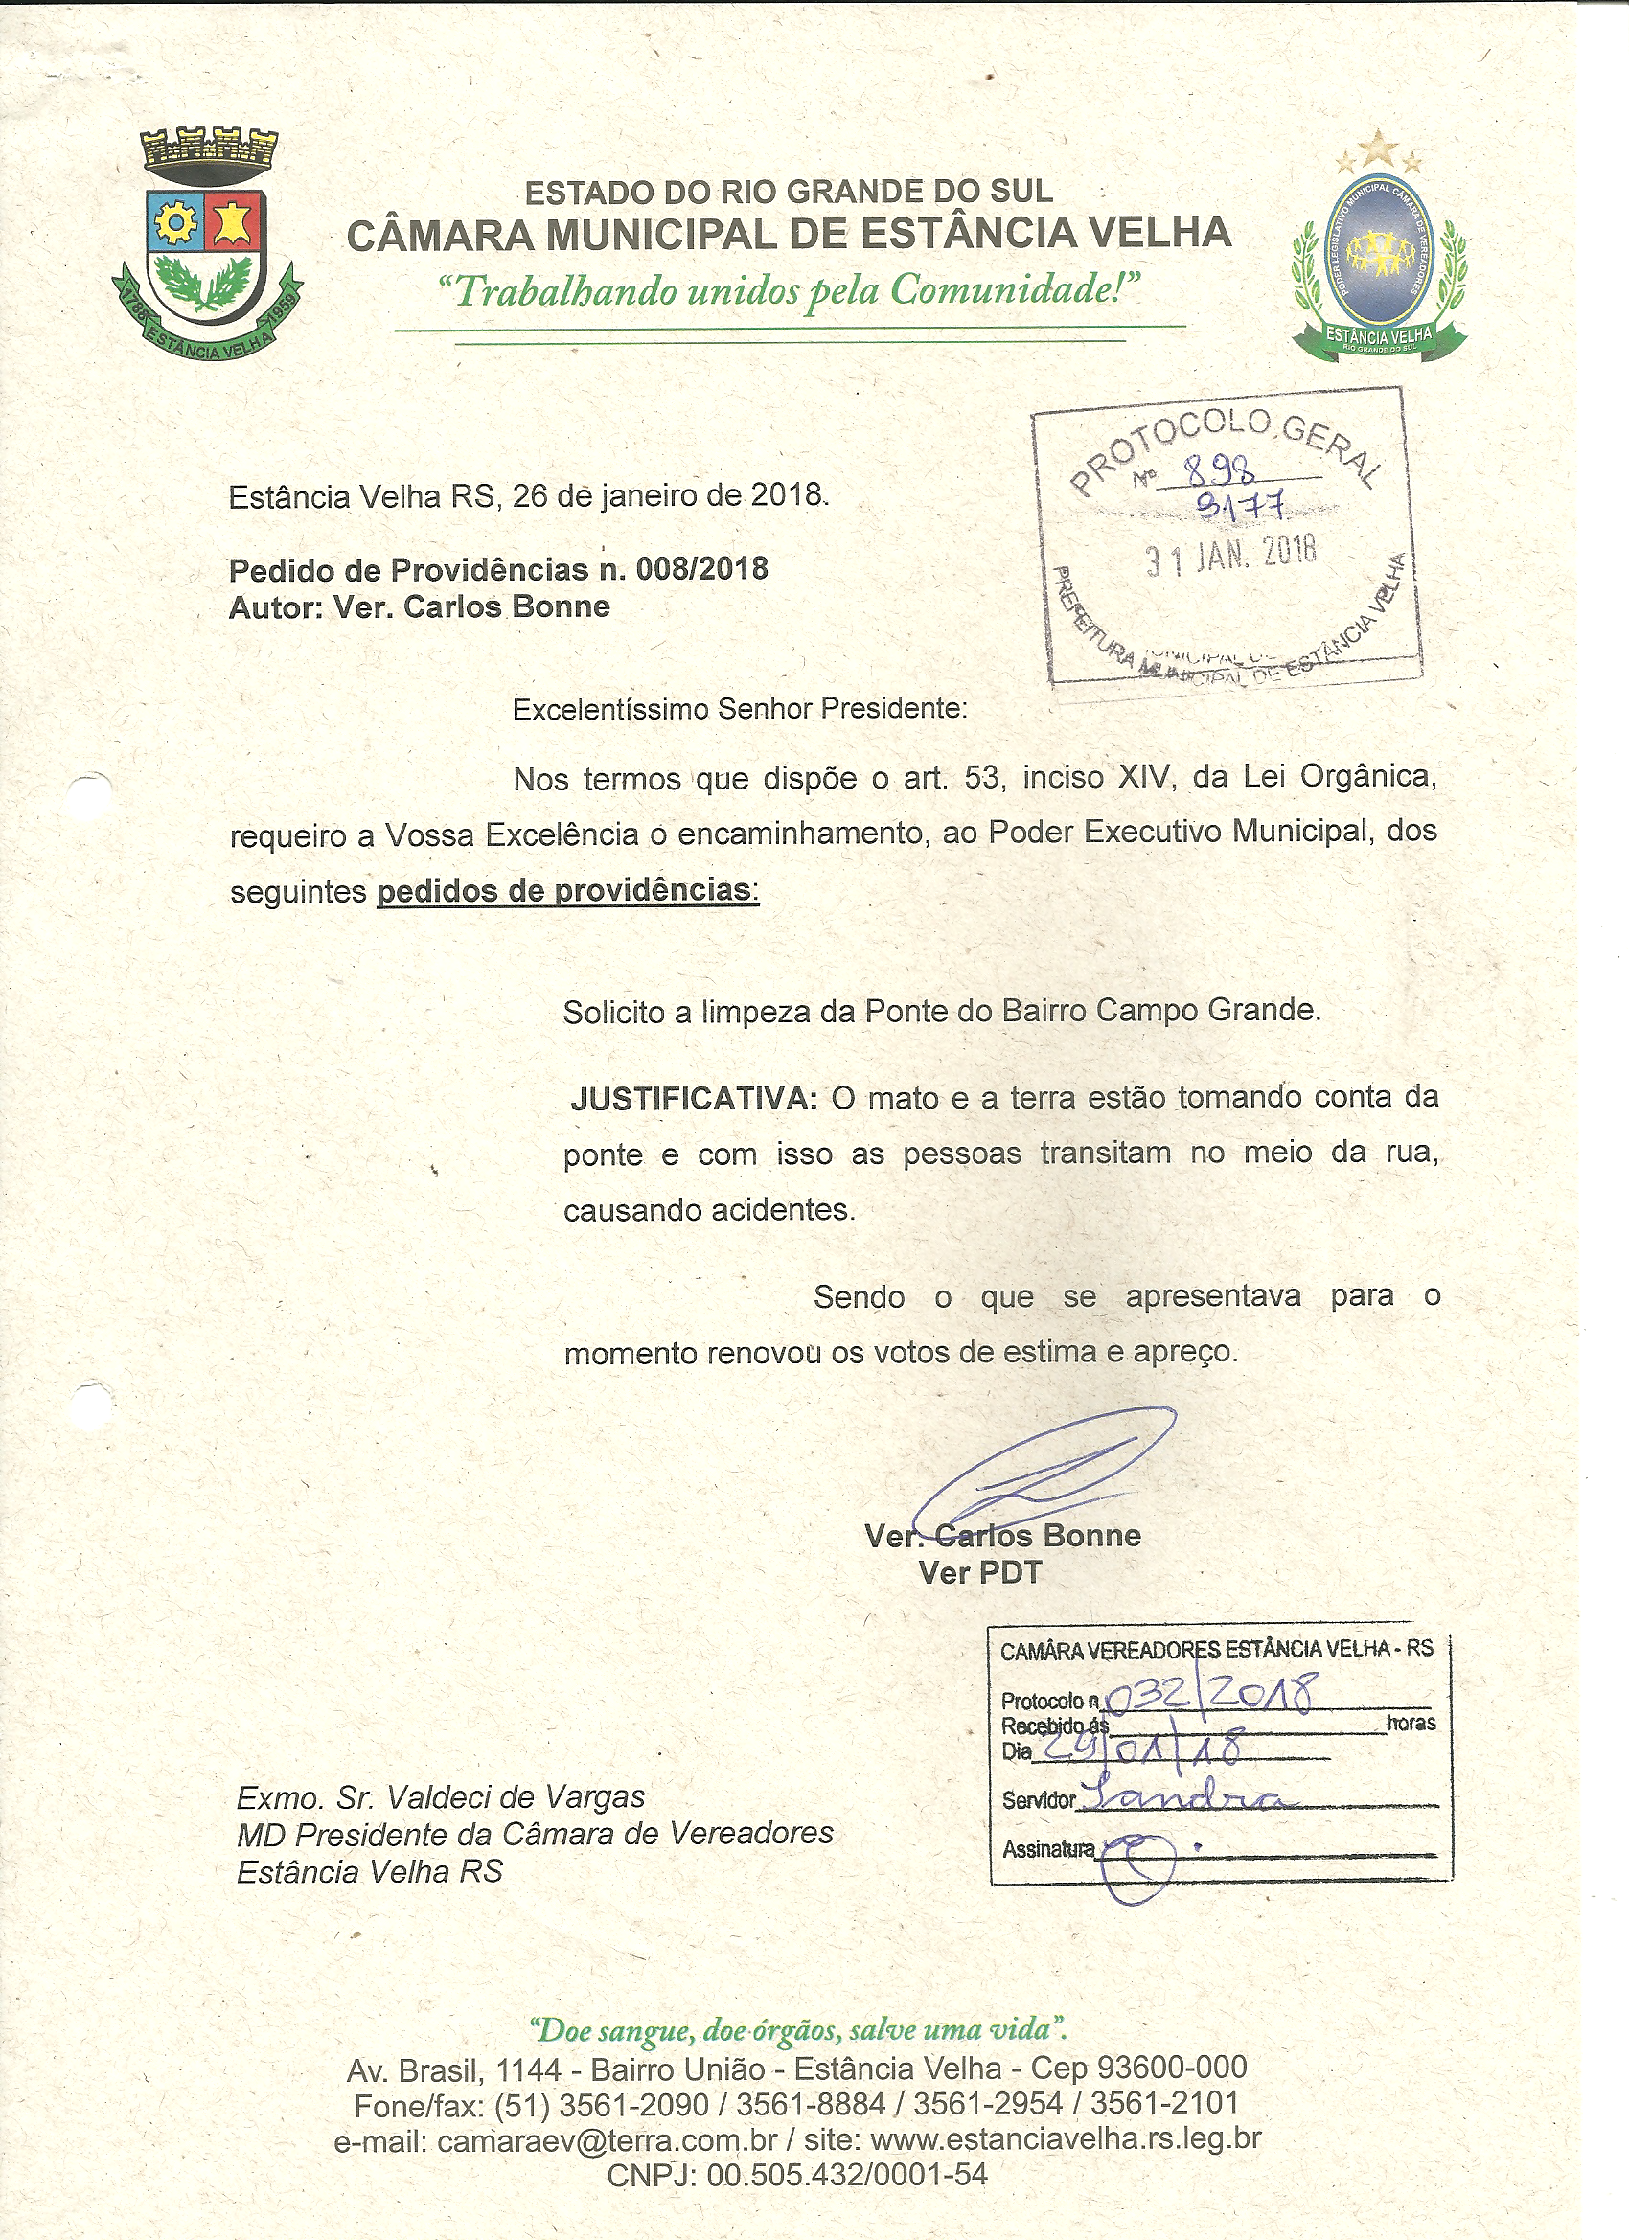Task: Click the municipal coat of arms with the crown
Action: coord(206,242)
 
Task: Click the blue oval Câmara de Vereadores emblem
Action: coord(1379,252)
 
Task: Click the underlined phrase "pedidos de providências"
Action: coord(565,891)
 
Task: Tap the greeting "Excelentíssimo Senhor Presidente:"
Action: coord(739,709)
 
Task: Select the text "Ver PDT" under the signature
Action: coord(980,1573)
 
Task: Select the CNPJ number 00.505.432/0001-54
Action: coord(847,2174)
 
